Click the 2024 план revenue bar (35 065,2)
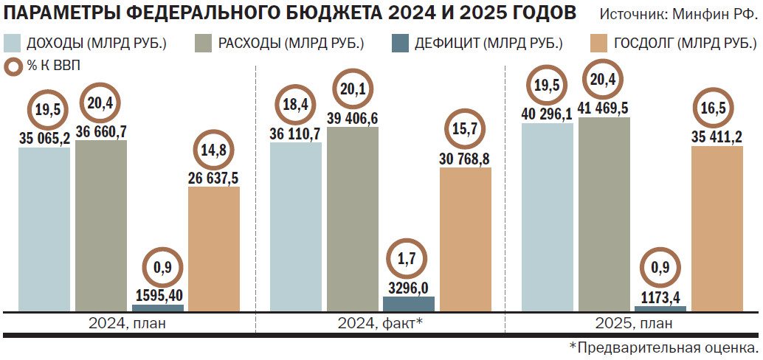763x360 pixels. (44, 229)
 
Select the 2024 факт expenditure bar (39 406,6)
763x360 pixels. (352, 218)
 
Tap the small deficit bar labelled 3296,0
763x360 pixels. (409, 303)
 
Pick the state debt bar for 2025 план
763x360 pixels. (717, 229)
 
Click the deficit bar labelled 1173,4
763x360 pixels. (660, 308)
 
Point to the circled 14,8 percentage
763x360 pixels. (214, 151)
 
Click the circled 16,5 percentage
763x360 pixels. (717, 111)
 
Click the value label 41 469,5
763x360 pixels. (604, 108)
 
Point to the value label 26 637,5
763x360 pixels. (214, 178)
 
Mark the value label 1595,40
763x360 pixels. (158, 296)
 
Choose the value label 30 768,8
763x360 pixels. (465, 159)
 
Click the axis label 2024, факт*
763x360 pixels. (380, 323)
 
